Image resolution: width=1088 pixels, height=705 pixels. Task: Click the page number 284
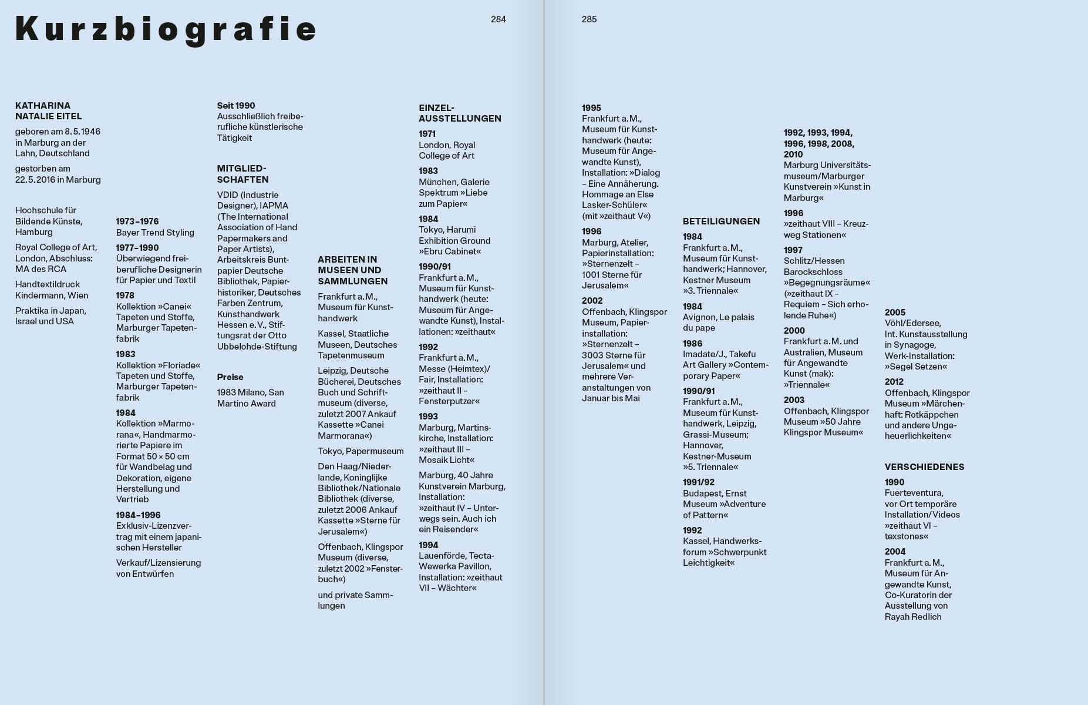pyautogui.click(x=498, y=19)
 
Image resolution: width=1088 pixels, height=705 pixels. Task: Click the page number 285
pyautogui.click(x=589, y=19)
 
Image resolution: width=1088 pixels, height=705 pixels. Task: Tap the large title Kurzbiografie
pyautogui.click(x=166, y=29)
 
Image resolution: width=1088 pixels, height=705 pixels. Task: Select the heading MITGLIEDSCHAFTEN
pyautogui.click(x=242, y=174)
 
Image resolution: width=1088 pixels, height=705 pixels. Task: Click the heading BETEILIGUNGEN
pyautogui.click(x=721, y=221)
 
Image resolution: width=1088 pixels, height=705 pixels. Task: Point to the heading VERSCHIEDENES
pyautogui.click(x=924, y=467)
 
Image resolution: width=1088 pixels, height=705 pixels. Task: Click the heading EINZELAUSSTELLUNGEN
pyautogui.click(x=460, y=113)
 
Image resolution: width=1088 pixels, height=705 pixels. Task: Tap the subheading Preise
pyautogui.click(x=230, y=377)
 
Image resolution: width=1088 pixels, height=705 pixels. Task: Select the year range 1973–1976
pyautogui.click(x=137, y=221)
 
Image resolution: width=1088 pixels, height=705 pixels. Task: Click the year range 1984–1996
pyautogui.click(x=138, y=515)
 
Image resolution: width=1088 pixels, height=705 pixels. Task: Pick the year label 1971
pyautogui.click(x=427, y=134)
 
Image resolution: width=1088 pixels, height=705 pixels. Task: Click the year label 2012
pyautogui.click(x=894, y=382)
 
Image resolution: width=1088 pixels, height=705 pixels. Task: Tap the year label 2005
pyautogui.click(x=895, y=313)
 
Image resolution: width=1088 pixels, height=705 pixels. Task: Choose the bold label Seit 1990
pyautogui.click(x=236, y=106)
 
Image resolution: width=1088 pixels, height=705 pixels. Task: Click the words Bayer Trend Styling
pyautogui.click(x=155, y=233)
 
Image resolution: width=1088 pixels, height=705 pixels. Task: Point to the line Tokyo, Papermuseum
pyautogui.click(x=361, y=451)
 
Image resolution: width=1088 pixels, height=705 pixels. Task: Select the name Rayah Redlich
pyautogui.click(x=912, y=617)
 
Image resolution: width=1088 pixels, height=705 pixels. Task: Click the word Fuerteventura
pyautogui.click(x=914, y=493)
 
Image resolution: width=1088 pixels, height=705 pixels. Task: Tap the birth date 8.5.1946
pyautogui.click(x=82, y=132)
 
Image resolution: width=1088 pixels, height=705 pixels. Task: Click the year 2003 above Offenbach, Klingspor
pyautogui.click(x=794, y=400)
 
